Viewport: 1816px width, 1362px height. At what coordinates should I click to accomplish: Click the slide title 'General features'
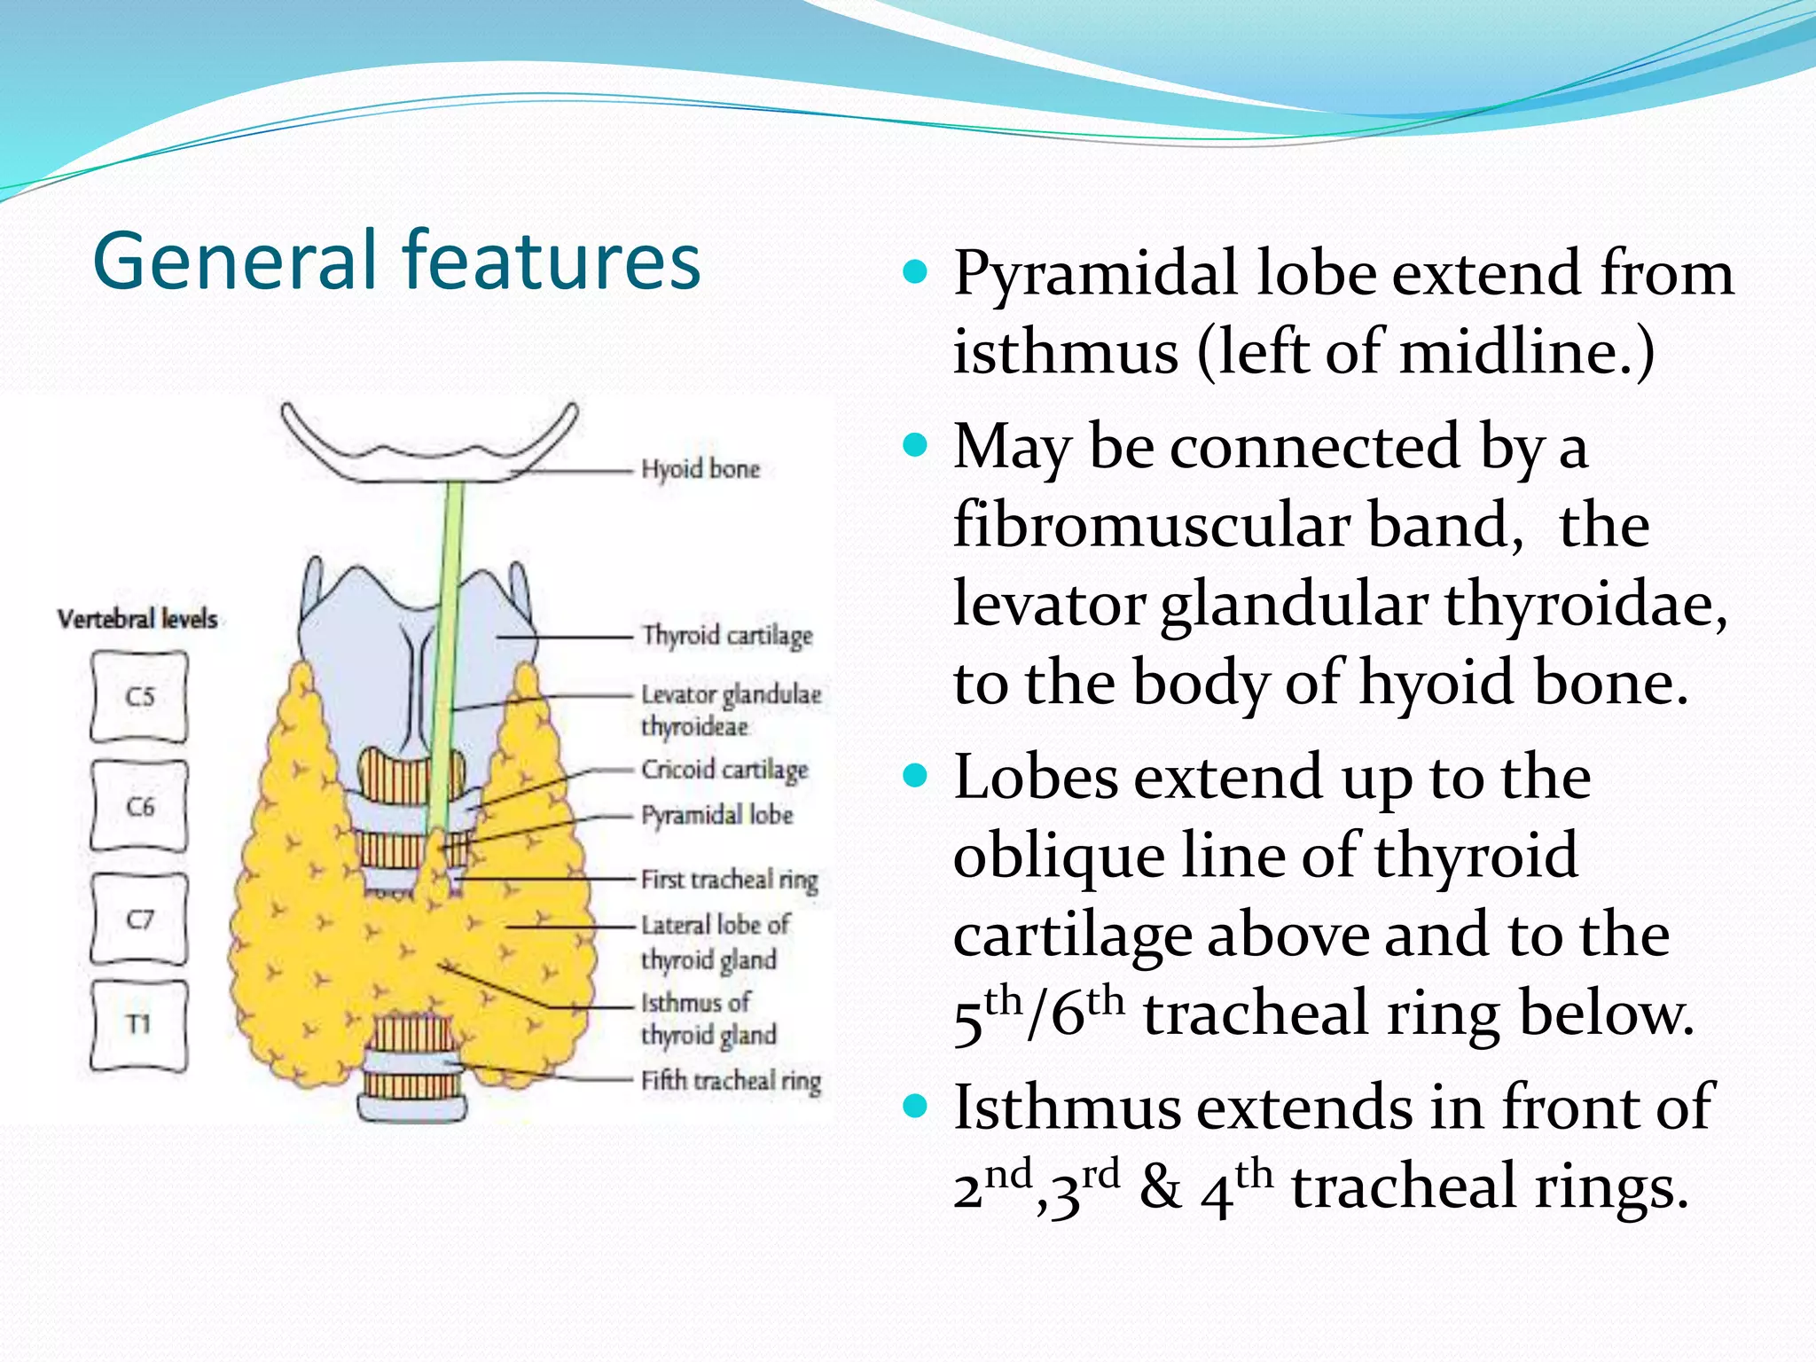(x=396, y=261)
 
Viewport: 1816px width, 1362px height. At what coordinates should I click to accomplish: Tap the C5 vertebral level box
(x=139, y=697)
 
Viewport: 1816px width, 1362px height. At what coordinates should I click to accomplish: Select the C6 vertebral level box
(x=139, y=806)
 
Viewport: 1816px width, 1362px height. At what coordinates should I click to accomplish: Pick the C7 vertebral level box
(x=139, y=919)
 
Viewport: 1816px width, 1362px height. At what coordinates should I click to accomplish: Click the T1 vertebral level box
(x=139, y=1025)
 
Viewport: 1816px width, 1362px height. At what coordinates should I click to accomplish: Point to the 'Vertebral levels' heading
(x=137, y=618)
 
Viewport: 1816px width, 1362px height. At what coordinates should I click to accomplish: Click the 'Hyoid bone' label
(x=701, y=469)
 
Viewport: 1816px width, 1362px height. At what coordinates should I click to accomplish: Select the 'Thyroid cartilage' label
(x=727, y=636)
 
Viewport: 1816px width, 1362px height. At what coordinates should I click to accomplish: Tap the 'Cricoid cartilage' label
(x=724, y=770)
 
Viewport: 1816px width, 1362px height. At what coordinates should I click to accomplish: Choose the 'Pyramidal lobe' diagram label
(x=716, y=815)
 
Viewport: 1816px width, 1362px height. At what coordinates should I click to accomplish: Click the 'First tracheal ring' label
(x=729, y=880)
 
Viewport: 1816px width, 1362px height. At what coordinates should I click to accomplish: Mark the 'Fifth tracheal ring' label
(x=731, y=1081)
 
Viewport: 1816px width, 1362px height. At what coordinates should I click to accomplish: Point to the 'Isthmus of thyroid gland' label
(x=708, y=1019)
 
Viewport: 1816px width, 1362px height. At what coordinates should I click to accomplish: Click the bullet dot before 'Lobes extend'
(x=914, y=778)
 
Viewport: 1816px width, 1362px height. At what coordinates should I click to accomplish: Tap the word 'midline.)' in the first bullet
(x=1526, y=352)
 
